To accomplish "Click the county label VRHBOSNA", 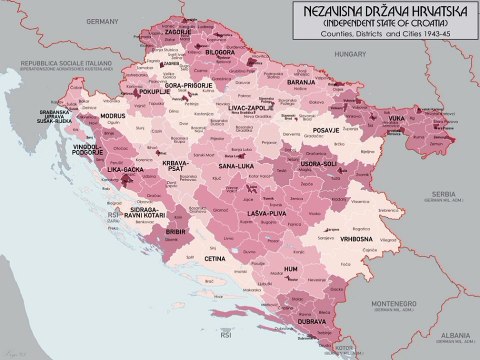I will coord(356,239).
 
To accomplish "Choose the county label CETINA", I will coord(214,258).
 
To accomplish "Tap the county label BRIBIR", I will coord(175,230).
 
